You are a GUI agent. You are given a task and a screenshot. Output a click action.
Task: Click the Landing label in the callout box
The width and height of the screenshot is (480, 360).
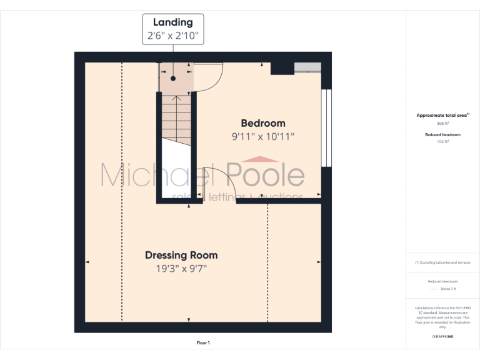tap(173, 22)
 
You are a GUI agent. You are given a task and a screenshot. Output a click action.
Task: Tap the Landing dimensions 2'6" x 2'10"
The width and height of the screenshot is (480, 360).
tap(173, 36)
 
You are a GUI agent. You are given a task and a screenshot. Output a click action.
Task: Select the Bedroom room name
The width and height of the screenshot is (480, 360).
tap(263, 123)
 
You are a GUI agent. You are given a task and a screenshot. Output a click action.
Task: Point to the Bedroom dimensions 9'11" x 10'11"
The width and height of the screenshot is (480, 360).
tap(263, 136)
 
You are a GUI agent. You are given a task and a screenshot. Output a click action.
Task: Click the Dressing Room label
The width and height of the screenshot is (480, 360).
tap(181, 255)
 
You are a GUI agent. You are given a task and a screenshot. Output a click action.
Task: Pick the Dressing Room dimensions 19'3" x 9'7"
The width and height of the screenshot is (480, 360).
tap(181, 269)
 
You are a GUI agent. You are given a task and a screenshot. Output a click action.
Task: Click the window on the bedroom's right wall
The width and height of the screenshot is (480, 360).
tap(324, 128)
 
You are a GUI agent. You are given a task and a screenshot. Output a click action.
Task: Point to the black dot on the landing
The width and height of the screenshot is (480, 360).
tap(173, 78)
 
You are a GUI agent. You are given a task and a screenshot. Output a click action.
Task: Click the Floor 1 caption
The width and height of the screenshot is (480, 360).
tap(203, 343)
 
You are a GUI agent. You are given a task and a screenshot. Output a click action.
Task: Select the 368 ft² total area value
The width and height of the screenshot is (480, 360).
tap(442, 124)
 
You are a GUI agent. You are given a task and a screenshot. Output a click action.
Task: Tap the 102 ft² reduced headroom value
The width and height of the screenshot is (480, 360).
tap(442, 142)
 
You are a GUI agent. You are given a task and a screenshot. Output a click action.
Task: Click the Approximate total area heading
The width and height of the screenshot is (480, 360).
tap(442, 116)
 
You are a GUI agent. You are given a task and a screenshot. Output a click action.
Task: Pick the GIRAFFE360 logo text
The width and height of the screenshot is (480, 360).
tap(442, 336)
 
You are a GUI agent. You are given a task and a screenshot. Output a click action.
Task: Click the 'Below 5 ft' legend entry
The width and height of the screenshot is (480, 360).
tap(448, 289)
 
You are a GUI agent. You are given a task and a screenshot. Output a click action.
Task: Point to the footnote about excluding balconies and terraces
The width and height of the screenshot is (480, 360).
tap(442, 262)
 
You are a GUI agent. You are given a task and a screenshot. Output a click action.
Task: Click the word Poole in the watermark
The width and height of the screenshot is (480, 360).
tap(266, 175)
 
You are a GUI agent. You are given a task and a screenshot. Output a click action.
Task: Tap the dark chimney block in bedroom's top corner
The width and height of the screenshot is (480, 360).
tap(282, 68)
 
